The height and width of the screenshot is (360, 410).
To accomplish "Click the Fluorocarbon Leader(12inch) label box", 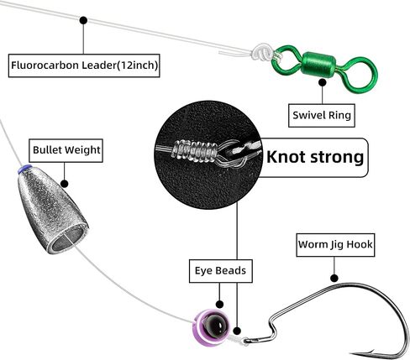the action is (x=84, y=65).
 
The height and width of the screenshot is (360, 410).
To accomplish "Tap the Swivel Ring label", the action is (x=322, y=116).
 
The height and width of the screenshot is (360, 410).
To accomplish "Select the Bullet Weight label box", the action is (x=66, y=150).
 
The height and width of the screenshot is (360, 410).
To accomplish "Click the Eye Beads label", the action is (x=221, y=271).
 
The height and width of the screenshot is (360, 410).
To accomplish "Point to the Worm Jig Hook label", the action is (x=335, y=245).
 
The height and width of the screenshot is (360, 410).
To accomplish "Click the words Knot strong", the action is (x=315, y=157).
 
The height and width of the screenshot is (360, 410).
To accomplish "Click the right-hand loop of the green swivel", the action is (x=360, y=75).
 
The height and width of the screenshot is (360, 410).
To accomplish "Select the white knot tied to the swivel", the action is (x=261, y=51).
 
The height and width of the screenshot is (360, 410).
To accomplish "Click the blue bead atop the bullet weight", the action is (x=24, y=169).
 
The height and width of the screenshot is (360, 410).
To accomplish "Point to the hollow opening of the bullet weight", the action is (x=68, y=239).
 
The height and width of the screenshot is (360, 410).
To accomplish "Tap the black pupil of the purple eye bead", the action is (x=215, y=325).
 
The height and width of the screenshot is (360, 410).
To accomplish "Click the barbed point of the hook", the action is (x=365, y=352).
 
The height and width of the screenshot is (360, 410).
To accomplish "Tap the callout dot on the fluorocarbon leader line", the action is (x=83, y=20).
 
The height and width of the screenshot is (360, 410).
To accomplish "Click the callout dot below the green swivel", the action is (x=323, y=82).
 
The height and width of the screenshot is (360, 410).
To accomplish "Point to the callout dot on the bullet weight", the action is (x=65, y=184).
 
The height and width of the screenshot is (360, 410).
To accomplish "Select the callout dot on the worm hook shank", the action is (x=334, y=278).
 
